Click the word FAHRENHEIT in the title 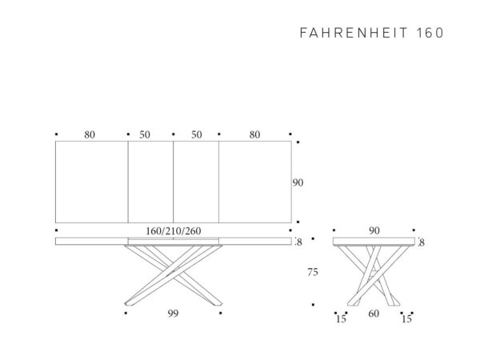[354, 33]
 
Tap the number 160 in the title [430, 33]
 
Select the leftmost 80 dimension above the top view [90, 134]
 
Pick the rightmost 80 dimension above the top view [254, 134]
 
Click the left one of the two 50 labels [145, 134]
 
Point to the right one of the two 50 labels [197, 134]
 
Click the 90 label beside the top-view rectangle [298, 182]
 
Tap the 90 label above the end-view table [374, 230]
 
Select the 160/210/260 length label [174, 231]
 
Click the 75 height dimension [313, 272]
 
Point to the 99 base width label [173, 313]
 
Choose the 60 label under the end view [374, 314]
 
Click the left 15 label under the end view [341, 319]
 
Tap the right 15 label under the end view [406, 319]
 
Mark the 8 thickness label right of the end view [422, 242]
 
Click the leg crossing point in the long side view [173, 272]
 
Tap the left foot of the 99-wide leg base [129, 304]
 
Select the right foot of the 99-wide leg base [218, 304]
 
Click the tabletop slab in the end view [374, 242]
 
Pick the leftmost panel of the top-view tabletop [91, 182]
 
